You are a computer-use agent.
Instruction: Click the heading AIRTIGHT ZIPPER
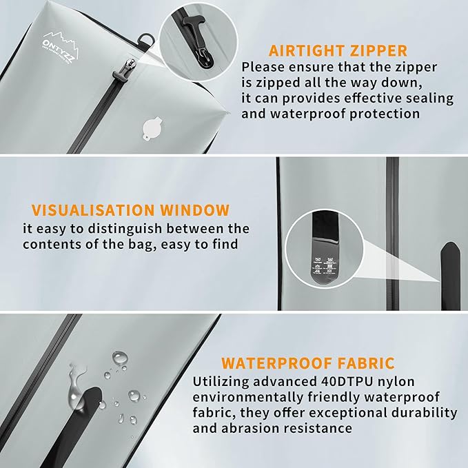(x=338, y=50)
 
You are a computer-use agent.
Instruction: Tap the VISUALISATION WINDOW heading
(x=129, y=210)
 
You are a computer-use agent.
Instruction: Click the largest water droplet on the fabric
(x=120, y=357)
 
